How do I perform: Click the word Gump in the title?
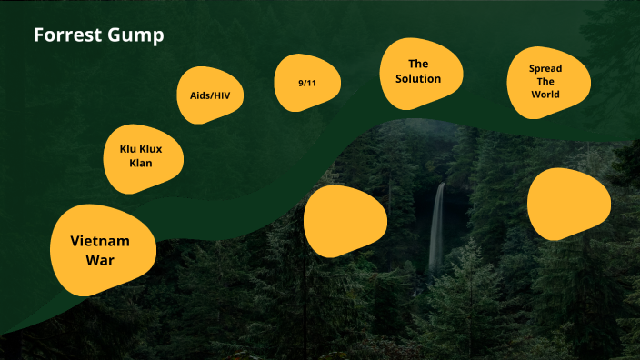coord(137,36)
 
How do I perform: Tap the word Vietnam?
coord(100,241)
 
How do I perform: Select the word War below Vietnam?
coord(100,260)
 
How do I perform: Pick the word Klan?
coord(140,163)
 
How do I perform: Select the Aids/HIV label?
coord(210,95)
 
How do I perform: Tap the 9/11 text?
coord(306,84)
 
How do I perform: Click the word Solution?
coord(418,79)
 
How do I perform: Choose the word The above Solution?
coord(418,64)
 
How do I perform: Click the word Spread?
coord(545,68)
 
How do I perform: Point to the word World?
coord(545,94)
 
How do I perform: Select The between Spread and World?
coord(545,81)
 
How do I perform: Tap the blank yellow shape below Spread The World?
coord(568,204)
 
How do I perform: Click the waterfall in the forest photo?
coord(438,227)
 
